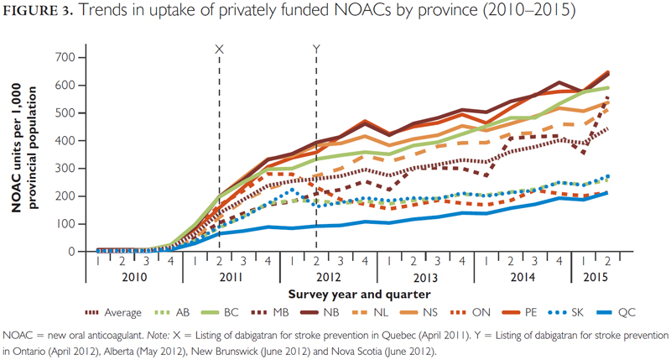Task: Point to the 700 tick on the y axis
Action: pos(66,57)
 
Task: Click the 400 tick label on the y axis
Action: pos(66,140)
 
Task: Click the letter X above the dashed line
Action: pos(220,50)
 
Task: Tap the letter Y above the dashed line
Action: pos(316,50)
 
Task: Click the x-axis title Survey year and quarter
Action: pos(348,295)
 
